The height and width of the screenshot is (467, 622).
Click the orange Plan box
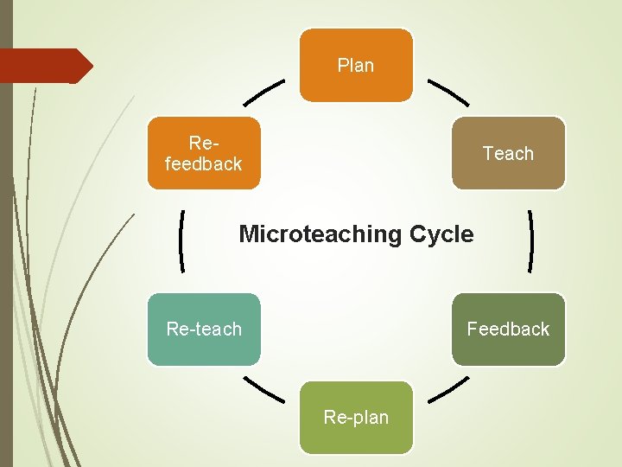click(x=356, y=65)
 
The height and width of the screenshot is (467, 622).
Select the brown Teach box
click(x=508, y=153)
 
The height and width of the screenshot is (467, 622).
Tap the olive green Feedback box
click(x=508, y=329)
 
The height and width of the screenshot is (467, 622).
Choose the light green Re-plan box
click(x=356, y=417)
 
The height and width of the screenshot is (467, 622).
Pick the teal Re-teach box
click(x=204, y=329)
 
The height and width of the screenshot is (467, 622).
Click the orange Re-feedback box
click(x=204, y=153)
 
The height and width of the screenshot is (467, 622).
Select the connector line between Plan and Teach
click(x=448, y=93)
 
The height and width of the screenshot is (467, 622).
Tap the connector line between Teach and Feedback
click(x=529, y=241)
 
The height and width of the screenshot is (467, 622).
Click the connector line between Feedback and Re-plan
click(x=448, y=388)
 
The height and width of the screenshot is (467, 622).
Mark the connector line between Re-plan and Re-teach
click(x=263, y=388)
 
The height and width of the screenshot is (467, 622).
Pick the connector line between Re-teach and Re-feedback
click(x=182, y=241)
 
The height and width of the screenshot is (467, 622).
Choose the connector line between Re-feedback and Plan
click(x=264, y=94)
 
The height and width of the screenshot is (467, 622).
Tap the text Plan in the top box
click(x=356, y=65)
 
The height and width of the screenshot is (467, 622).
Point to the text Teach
click(x=508, y=154)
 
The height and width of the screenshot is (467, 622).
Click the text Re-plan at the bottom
click(x=356, y=418)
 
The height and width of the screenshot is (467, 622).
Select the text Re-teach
click(x=204, y=329)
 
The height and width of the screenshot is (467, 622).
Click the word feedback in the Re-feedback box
click(x=204, y=163)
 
